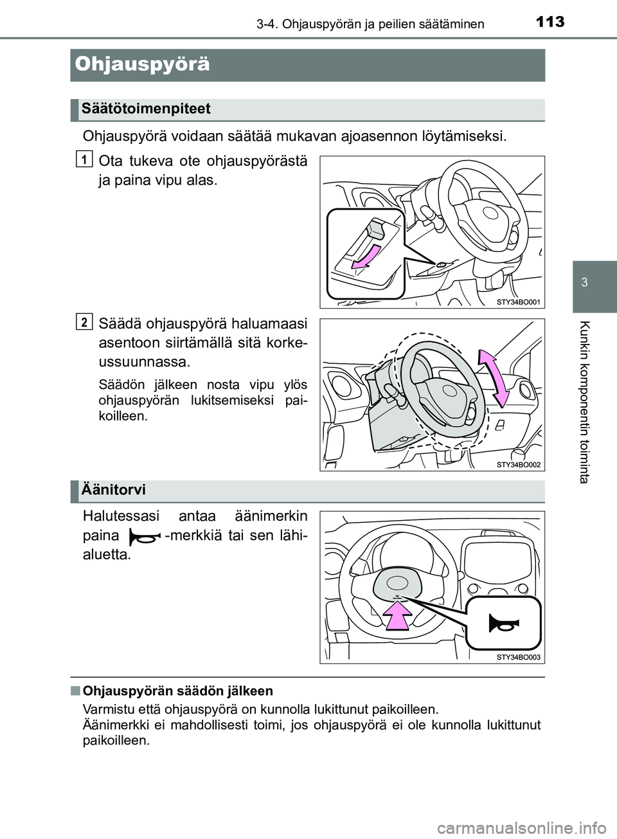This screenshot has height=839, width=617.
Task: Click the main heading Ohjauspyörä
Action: (142, 64)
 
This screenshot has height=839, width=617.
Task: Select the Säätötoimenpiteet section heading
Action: (146, 109)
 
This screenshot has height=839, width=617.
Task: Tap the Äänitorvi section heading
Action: (114, 490)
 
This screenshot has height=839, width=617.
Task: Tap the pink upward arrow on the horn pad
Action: (398, 618)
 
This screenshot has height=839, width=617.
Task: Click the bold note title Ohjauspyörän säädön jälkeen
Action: (178, 691)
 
